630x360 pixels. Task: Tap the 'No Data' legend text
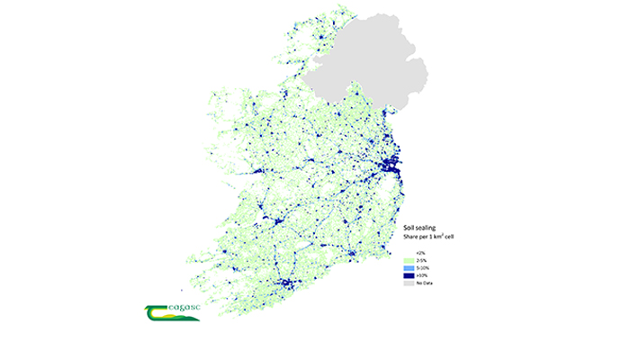point(422,283)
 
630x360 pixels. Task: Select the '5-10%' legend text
point(420,269)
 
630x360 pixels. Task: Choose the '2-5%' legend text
point(419,262)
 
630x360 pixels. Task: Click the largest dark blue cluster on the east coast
point(391,166)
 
